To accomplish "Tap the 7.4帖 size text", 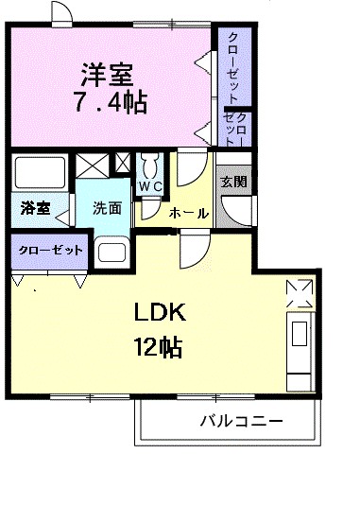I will click(110, 101).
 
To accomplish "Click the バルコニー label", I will click(241, 421).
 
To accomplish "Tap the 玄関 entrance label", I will click(232, 181).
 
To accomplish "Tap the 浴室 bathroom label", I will click(35, 208).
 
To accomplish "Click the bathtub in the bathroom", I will click(41, 174).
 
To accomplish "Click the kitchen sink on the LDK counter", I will click(300, 336).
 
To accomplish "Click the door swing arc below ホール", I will click(193, 251).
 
